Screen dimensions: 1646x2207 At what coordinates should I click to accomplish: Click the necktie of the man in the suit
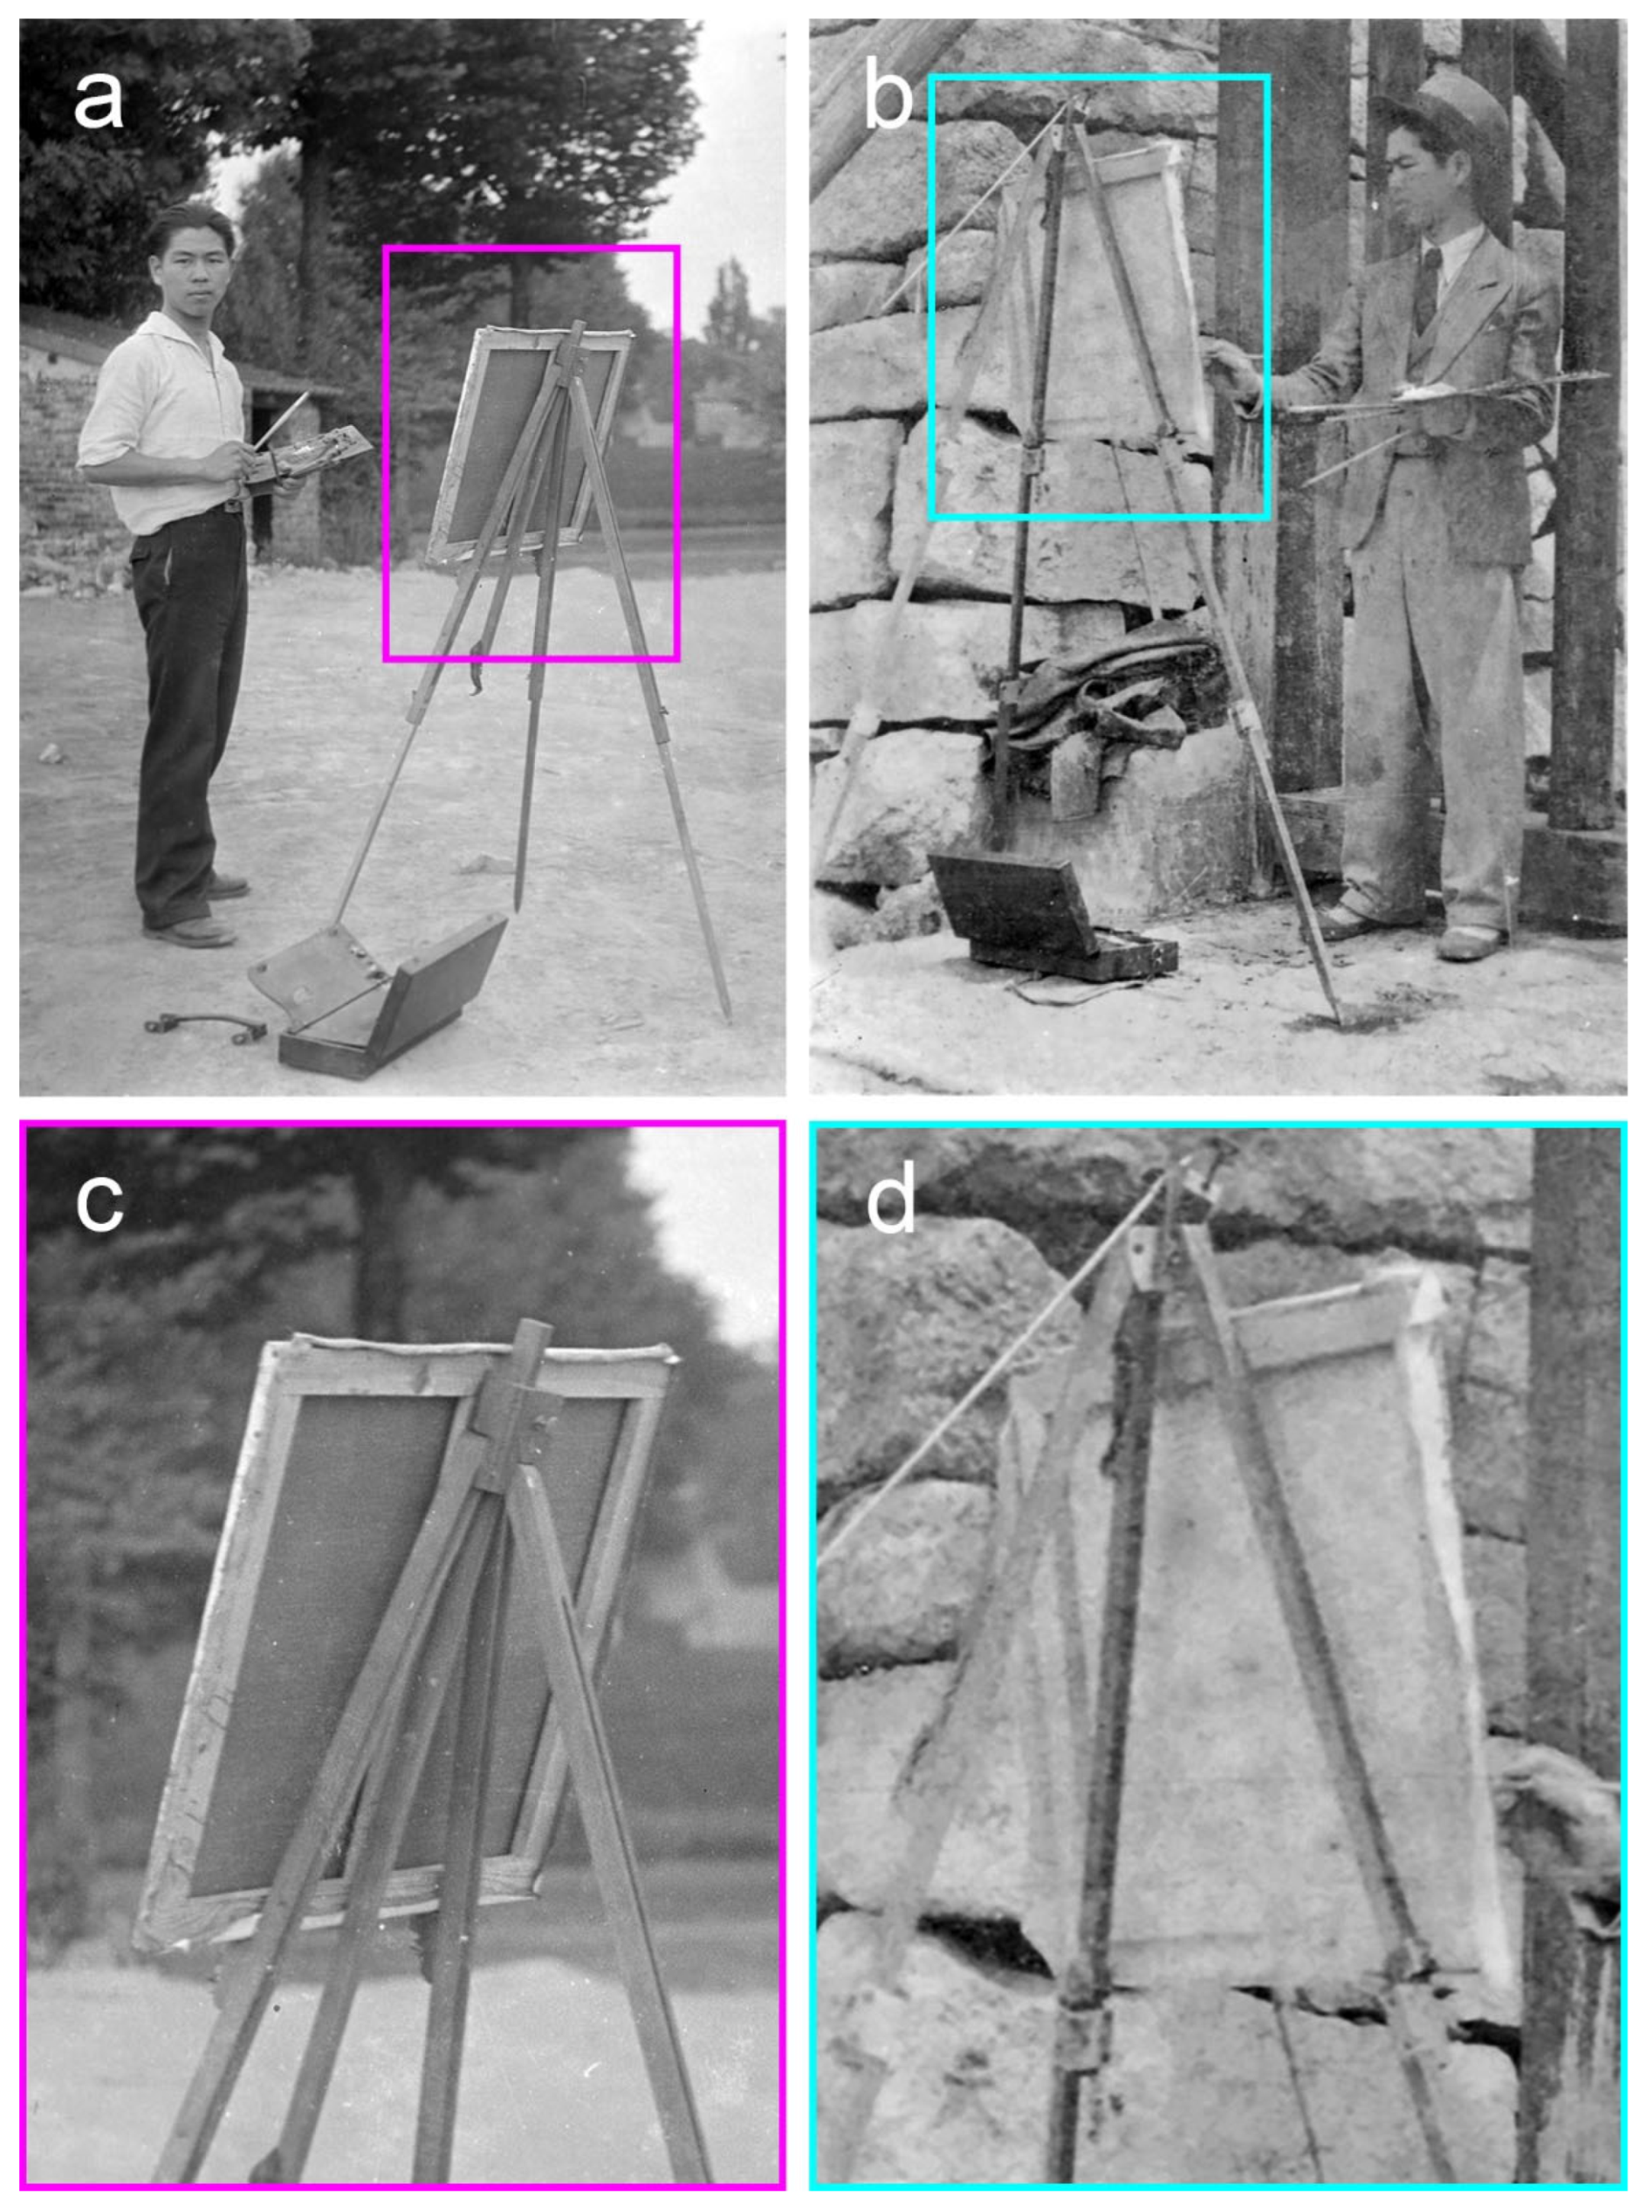tap(1430, 289)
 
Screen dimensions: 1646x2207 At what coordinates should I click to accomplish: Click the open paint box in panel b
tap(1046, 912)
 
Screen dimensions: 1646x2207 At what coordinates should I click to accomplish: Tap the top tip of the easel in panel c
tap(538, 1327)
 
